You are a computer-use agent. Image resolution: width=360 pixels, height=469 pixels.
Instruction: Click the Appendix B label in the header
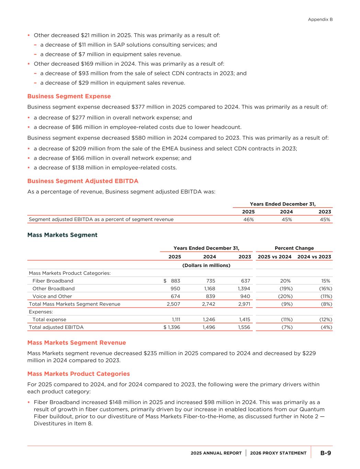coord(320,20)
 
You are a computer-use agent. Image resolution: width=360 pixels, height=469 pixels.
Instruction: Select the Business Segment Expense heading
coord(69,96)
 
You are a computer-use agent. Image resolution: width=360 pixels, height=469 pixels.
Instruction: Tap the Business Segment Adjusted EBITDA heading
coord(82,181)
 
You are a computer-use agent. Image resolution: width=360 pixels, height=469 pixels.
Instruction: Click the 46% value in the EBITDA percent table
coord(248,220)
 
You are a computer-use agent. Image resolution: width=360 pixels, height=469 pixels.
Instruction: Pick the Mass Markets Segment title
coord(62,235)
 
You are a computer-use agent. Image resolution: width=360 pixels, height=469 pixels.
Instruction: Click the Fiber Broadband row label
coord(53,281)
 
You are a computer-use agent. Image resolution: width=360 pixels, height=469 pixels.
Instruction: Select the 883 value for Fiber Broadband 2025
coord(175,281)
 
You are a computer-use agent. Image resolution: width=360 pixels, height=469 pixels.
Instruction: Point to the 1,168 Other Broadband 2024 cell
coord(209,289)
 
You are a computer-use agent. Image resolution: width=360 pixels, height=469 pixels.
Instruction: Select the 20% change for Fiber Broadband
coord(285,281)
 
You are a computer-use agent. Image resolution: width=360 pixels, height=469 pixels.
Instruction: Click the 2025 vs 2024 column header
coord(274,257)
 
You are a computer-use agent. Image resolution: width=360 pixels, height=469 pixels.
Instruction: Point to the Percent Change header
coord(294,248)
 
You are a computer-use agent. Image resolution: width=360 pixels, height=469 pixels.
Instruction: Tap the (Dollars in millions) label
coord(206,265)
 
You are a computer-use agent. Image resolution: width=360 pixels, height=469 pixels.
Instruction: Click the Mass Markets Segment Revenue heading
coord(76,343)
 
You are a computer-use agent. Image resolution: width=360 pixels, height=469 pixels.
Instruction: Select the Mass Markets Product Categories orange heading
coord(78,374)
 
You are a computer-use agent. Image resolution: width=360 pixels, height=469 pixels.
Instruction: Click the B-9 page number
coord(326,453)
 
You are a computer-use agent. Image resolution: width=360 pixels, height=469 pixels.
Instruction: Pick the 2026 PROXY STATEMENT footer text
coord(278,453)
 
